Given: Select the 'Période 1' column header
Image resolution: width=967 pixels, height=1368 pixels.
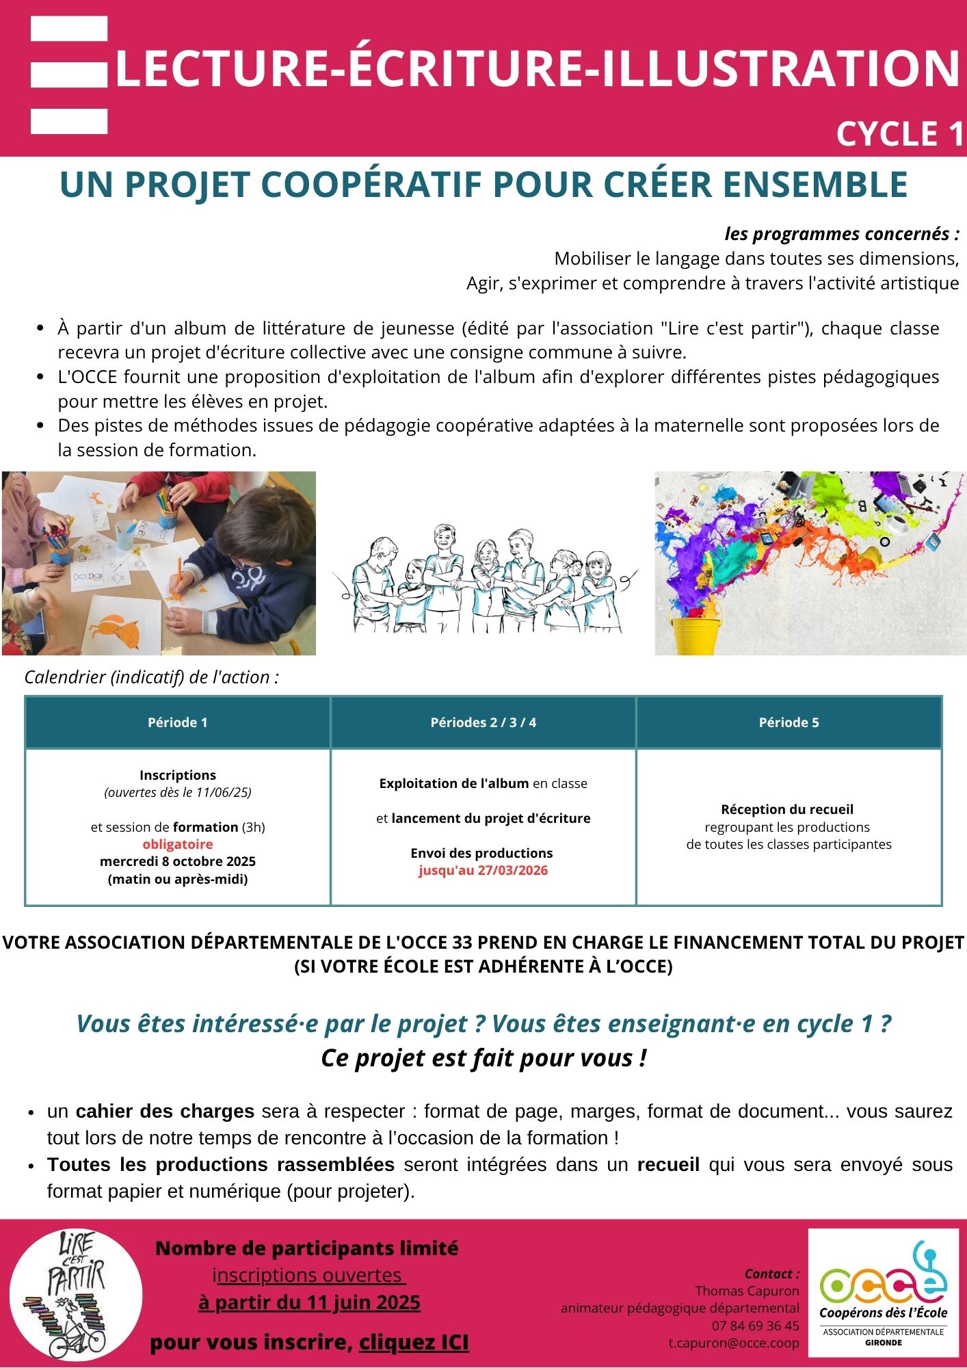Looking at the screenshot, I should coord(177,722).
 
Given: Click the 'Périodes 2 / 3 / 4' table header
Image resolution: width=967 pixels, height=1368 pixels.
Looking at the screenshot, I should coord(483,722).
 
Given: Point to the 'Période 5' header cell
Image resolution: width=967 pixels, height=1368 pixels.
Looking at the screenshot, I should coord(789,722).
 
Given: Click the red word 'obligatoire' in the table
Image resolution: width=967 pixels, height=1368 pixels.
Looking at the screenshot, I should coord(178,844).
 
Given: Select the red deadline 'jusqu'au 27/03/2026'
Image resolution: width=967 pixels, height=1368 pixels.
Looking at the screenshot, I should coord(483,871).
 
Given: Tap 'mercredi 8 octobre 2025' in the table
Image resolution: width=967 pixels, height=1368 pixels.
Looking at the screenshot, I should coord(178,861).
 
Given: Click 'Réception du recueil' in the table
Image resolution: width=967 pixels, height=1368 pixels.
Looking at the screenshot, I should coord(787,809).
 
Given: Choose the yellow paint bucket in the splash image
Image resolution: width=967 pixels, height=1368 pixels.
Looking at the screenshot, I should coord(694,633).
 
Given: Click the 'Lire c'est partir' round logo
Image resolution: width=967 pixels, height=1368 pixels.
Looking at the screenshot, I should coord(76,1294).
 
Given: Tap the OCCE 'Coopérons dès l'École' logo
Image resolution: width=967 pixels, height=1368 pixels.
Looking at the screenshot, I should coord(883,1292).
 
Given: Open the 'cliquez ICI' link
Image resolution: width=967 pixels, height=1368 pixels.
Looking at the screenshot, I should coord(414,1343).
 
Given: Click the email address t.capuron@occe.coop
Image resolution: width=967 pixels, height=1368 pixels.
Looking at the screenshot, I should coord(733,1343).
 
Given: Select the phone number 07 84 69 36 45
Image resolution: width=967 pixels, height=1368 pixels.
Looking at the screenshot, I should coord(755,1326).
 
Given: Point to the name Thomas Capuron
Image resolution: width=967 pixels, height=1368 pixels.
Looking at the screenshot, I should coord(747,1291).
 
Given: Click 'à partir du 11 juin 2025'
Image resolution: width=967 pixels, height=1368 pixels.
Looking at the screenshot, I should coord(309,1302).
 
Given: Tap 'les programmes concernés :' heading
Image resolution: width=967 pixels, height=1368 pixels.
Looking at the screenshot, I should coord(841,234).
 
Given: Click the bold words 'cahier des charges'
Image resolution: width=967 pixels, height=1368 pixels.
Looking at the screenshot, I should coord(165,1111).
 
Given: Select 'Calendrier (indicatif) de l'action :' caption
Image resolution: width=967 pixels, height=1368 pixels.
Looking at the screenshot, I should coord(152,677).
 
